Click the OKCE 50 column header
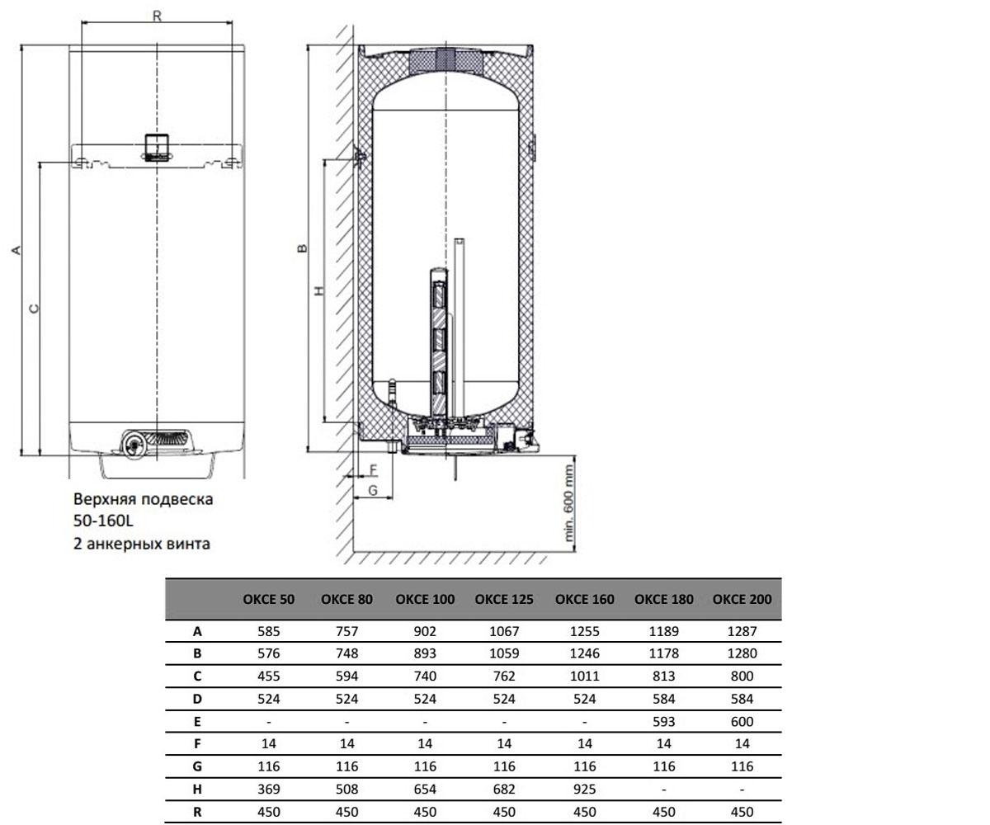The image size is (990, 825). [268, 599]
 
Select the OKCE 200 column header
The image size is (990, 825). [742, 599]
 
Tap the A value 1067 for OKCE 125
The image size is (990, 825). [503, 632]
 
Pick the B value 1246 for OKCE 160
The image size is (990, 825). [584, 653]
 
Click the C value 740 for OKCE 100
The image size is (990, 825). [425, 676]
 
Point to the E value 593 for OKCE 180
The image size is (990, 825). [663, 722]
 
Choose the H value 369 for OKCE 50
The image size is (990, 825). [268, 789]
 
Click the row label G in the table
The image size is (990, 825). [197, 766]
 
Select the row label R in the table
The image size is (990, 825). [197, 812]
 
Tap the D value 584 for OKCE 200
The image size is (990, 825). [742, 699]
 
